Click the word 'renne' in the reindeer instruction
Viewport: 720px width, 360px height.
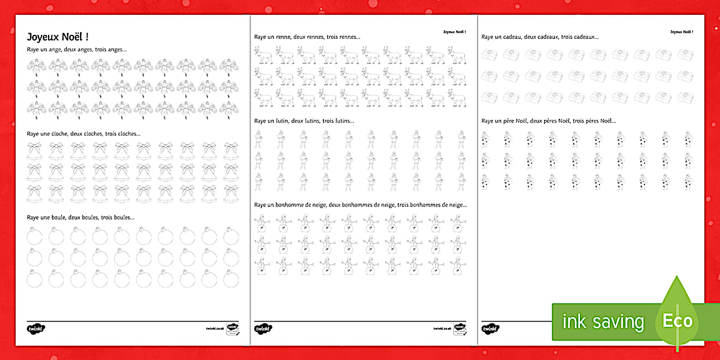[x=280, y=37]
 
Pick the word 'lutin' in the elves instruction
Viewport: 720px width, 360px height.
[x=280, y=121]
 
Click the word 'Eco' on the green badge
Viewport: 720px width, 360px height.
[x=678, y=321]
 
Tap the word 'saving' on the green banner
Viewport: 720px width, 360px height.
[x=618, y=322]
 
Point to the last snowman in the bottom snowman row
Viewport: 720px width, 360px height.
[x=457, y=266]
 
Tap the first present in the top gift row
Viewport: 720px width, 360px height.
[x=489, y=54]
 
